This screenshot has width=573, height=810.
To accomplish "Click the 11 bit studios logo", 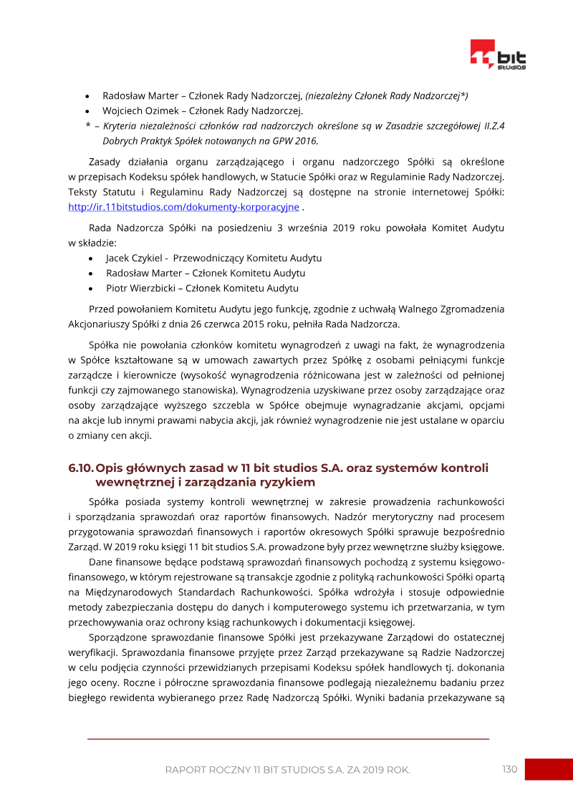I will coord(499,55).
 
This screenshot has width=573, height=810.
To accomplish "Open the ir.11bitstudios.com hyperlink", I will coord(183,207).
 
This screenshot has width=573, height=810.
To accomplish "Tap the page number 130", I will coord(509,769).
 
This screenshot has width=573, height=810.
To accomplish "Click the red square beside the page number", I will coord(549,769).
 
